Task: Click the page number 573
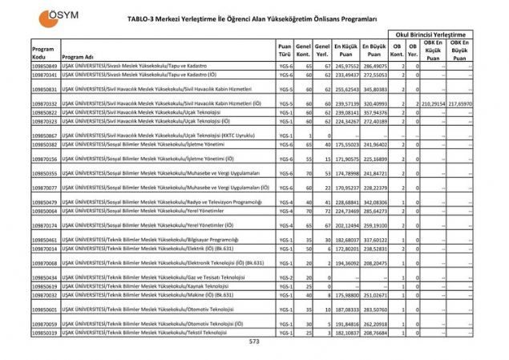(x=255, y=341)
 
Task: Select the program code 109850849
(x=45, y=66)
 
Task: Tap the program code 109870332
(x=45, y=103)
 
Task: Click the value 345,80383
(x=375, y=89)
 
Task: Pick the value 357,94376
(x=375, y=113)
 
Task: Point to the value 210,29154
(x=432, y=103)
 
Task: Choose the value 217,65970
(x=461, y=103)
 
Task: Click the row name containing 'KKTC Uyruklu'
(x=160, y=136)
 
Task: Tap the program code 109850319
(x=45, y=332)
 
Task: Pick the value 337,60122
(x=375, y=240)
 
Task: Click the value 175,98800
(x=346, y=295)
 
